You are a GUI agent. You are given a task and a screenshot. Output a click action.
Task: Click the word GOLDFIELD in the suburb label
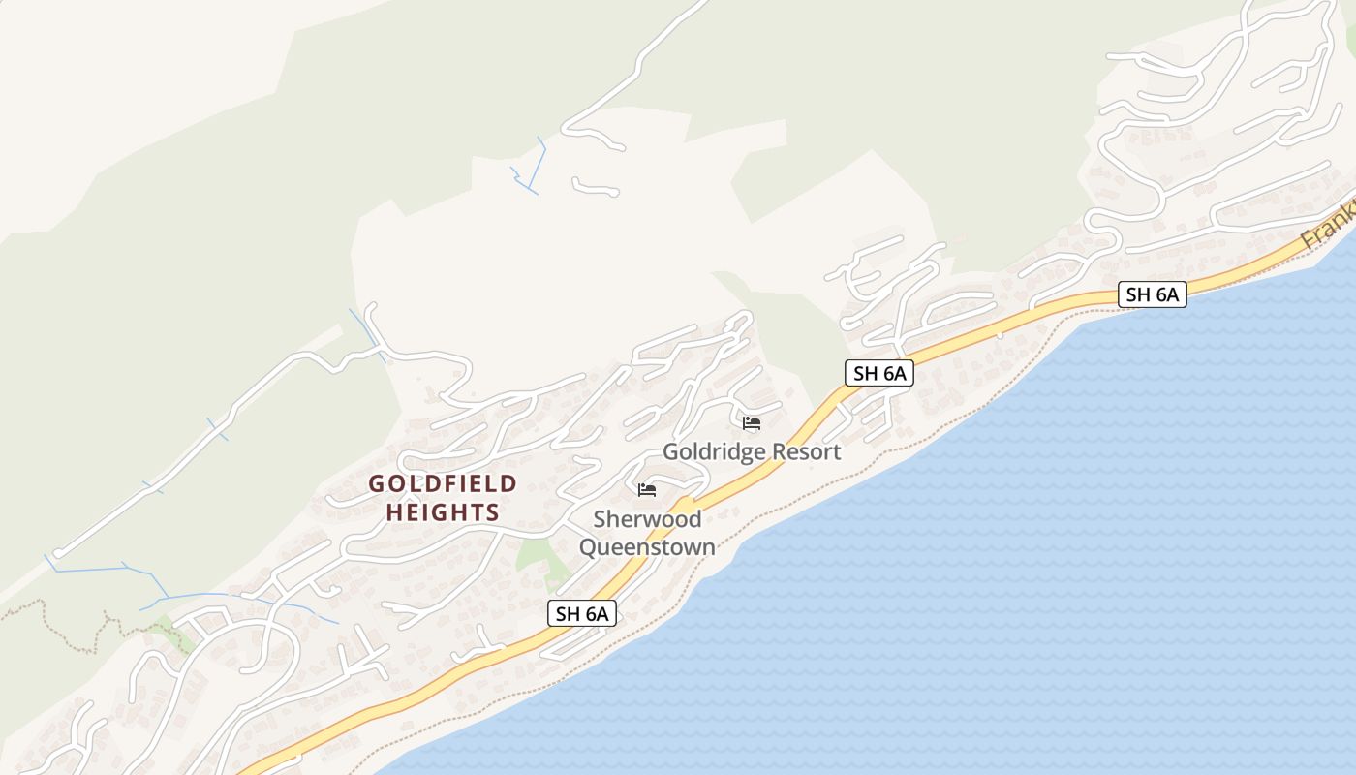pos(443,483)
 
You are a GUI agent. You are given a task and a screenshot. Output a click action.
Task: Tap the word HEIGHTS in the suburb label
pos(443,512)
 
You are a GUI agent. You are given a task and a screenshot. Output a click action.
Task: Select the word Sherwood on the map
pos(647,519)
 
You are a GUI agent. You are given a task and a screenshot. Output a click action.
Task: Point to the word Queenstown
pos(647,547)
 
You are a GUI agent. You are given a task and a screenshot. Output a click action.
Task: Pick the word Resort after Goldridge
pos(807,452)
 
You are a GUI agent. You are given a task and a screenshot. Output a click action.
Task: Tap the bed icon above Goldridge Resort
pos(751,423)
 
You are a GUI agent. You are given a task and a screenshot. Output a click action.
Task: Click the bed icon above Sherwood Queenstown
pos(647,490)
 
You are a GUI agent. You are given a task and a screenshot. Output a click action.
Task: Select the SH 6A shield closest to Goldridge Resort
pos(878,373)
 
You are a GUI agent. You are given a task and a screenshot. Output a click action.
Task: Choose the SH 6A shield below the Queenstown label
pos(582,612)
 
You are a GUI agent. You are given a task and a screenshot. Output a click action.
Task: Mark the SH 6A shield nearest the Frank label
pos(1152,294)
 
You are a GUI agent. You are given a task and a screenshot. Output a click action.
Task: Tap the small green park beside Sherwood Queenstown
pos(534,556)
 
